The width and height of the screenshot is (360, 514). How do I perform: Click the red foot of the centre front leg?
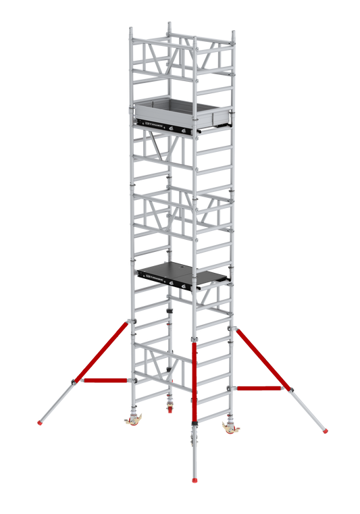tap(195, 481)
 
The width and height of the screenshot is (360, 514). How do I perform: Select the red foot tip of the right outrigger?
tap(327, 431)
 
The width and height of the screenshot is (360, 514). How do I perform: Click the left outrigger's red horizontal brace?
tap(105, 381)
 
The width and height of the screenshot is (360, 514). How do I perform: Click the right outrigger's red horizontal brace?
tap(261, 388)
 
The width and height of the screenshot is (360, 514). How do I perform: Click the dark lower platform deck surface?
tap(182, 270)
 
